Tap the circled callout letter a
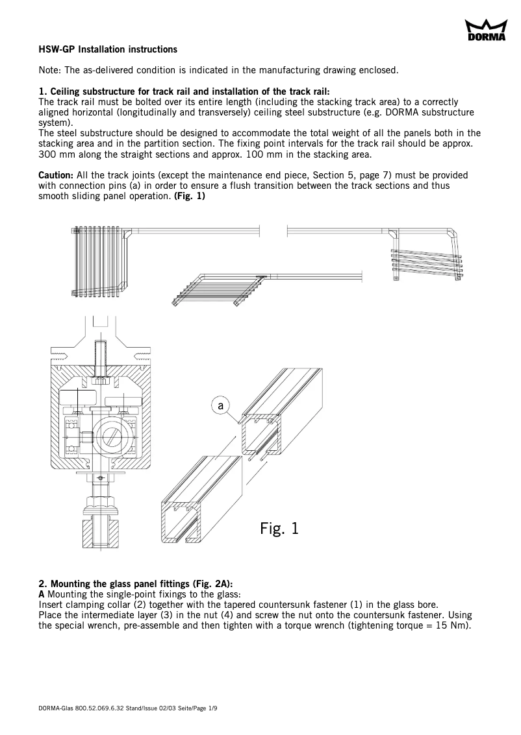tap(221, 405)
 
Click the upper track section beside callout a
tap(283, 415)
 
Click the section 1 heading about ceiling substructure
tap(184, 91)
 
